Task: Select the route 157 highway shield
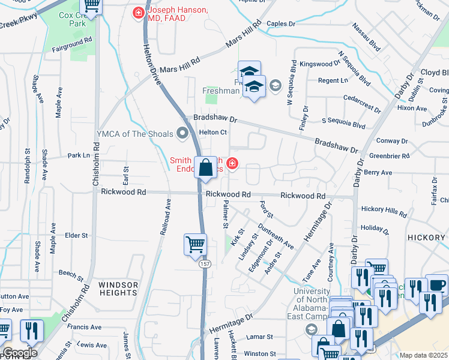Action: coord(205,263)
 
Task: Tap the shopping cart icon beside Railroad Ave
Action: coord(195,244)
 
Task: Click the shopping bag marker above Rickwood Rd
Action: coord(206,169)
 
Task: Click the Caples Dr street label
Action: coord(282,24)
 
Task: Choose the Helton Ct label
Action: coord(213,132)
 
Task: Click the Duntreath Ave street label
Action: coord(276,236)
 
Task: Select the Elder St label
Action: coord(76,235)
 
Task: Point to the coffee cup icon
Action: coord(436,284)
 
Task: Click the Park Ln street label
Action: coord(79,155)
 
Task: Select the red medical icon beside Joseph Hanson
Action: coord(139,12)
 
